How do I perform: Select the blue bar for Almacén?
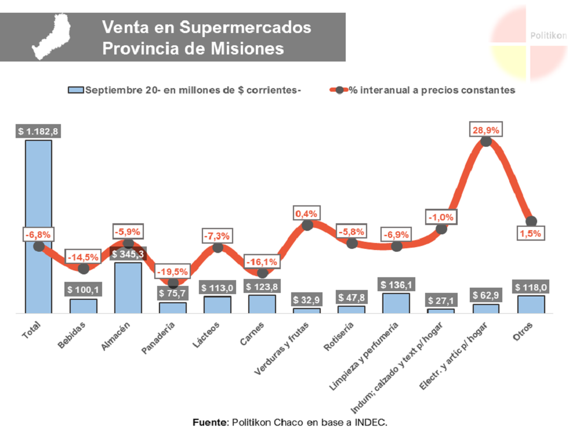point(128,288)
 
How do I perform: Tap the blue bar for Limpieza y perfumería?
point(396,303)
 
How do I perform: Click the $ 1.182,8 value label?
point(38,131)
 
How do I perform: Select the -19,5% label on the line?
point(173,271)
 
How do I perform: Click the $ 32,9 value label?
point(306,300)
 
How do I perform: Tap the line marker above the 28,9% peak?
point(486,142)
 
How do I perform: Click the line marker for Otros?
point(531,221)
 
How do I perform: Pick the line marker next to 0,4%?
point(307,225)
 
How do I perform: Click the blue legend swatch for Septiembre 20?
point(76,90)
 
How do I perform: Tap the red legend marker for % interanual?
point(339,90)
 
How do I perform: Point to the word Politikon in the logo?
point(548,35)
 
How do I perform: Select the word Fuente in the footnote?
point(210,422)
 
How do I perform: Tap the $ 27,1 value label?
point(441,300)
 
